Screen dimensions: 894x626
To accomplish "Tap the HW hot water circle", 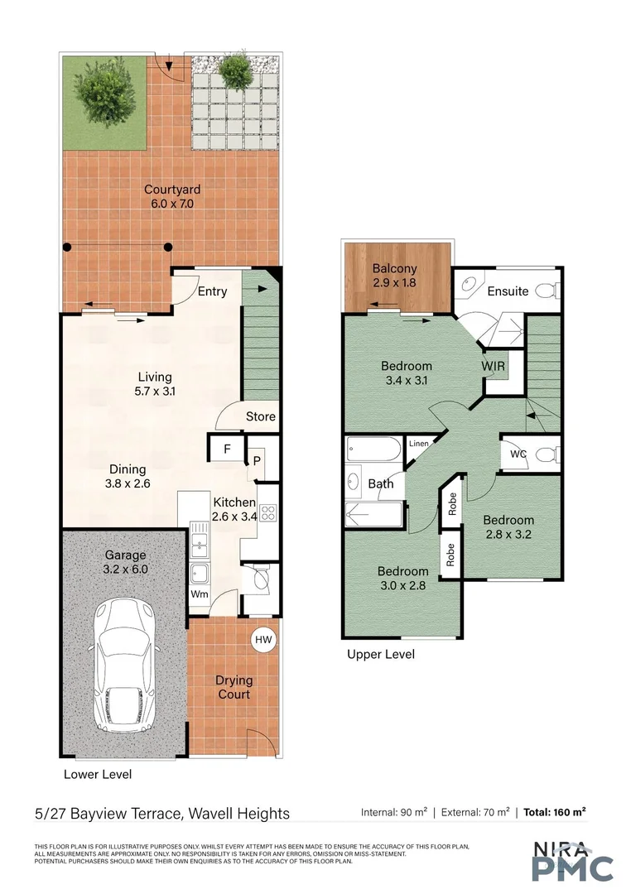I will [x=263, y=640].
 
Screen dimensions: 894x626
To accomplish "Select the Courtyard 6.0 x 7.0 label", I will [x=172, y=196].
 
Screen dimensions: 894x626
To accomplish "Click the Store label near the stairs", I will [x=260, y=416].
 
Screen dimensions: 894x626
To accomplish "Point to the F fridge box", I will [x=227, y=450].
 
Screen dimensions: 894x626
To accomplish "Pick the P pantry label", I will [x=257, y=462].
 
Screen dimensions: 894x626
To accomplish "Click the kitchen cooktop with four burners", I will [x=268, y=513].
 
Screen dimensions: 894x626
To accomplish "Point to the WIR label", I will [x=494, y=365].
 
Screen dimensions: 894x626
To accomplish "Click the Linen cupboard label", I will [x=419, y=445].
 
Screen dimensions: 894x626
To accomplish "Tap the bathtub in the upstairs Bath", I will [x=373, y=450].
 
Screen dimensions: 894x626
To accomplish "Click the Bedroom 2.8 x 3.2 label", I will [x=508, y=527].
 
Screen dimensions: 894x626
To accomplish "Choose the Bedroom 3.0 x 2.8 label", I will [x=402, y=578].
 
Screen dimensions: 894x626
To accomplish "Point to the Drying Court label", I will [x=234, y=687].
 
